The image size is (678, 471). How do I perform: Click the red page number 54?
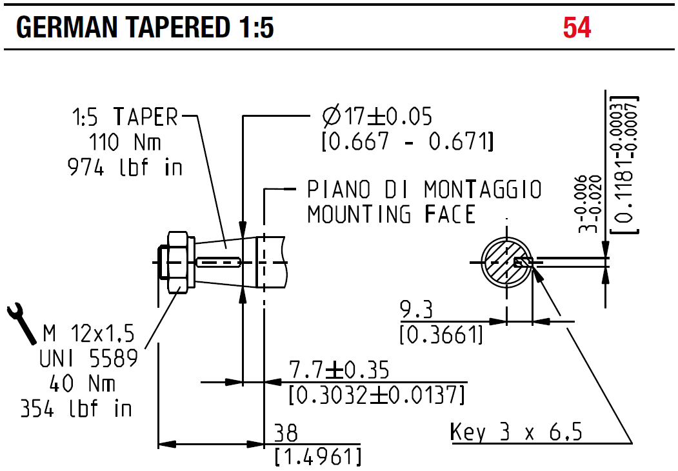tap(577, 28)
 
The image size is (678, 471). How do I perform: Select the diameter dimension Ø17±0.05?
tap(377, 117)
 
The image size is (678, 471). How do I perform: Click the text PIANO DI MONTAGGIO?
tap(424, 190)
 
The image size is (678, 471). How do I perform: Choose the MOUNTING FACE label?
tap(391, 214)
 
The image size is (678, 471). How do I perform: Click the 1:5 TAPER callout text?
tap(125, 117)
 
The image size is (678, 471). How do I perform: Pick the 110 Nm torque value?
tap(125, 141)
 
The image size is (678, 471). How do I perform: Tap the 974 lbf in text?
tap(125, 167)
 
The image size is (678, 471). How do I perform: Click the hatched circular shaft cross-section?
tap(507, 262)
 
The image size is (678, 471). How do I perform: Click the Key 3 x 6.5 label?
tap(515, 432)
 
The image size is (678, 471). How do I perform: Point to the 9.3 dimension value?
tap(416, 310)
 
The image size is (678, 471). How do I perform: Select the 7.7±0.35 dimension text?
tap(339, 371)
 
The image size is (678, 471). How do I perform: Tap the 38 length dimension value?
tap(286, 432)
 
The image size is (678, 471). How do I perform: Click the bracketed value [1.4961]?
tap(317, 457)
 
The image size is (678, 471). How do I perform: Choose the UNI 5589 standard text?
tap(90, 358)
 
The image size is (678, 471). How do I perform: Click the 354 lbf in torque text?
tap(76, 408)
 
